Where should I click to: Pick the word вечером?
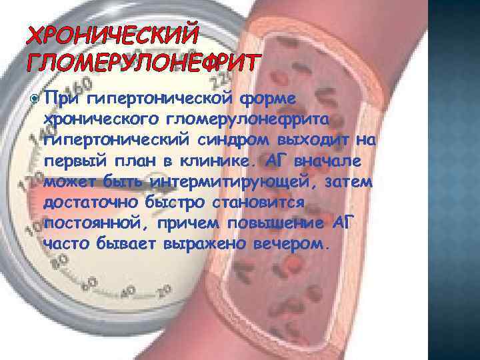[291, 244]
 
